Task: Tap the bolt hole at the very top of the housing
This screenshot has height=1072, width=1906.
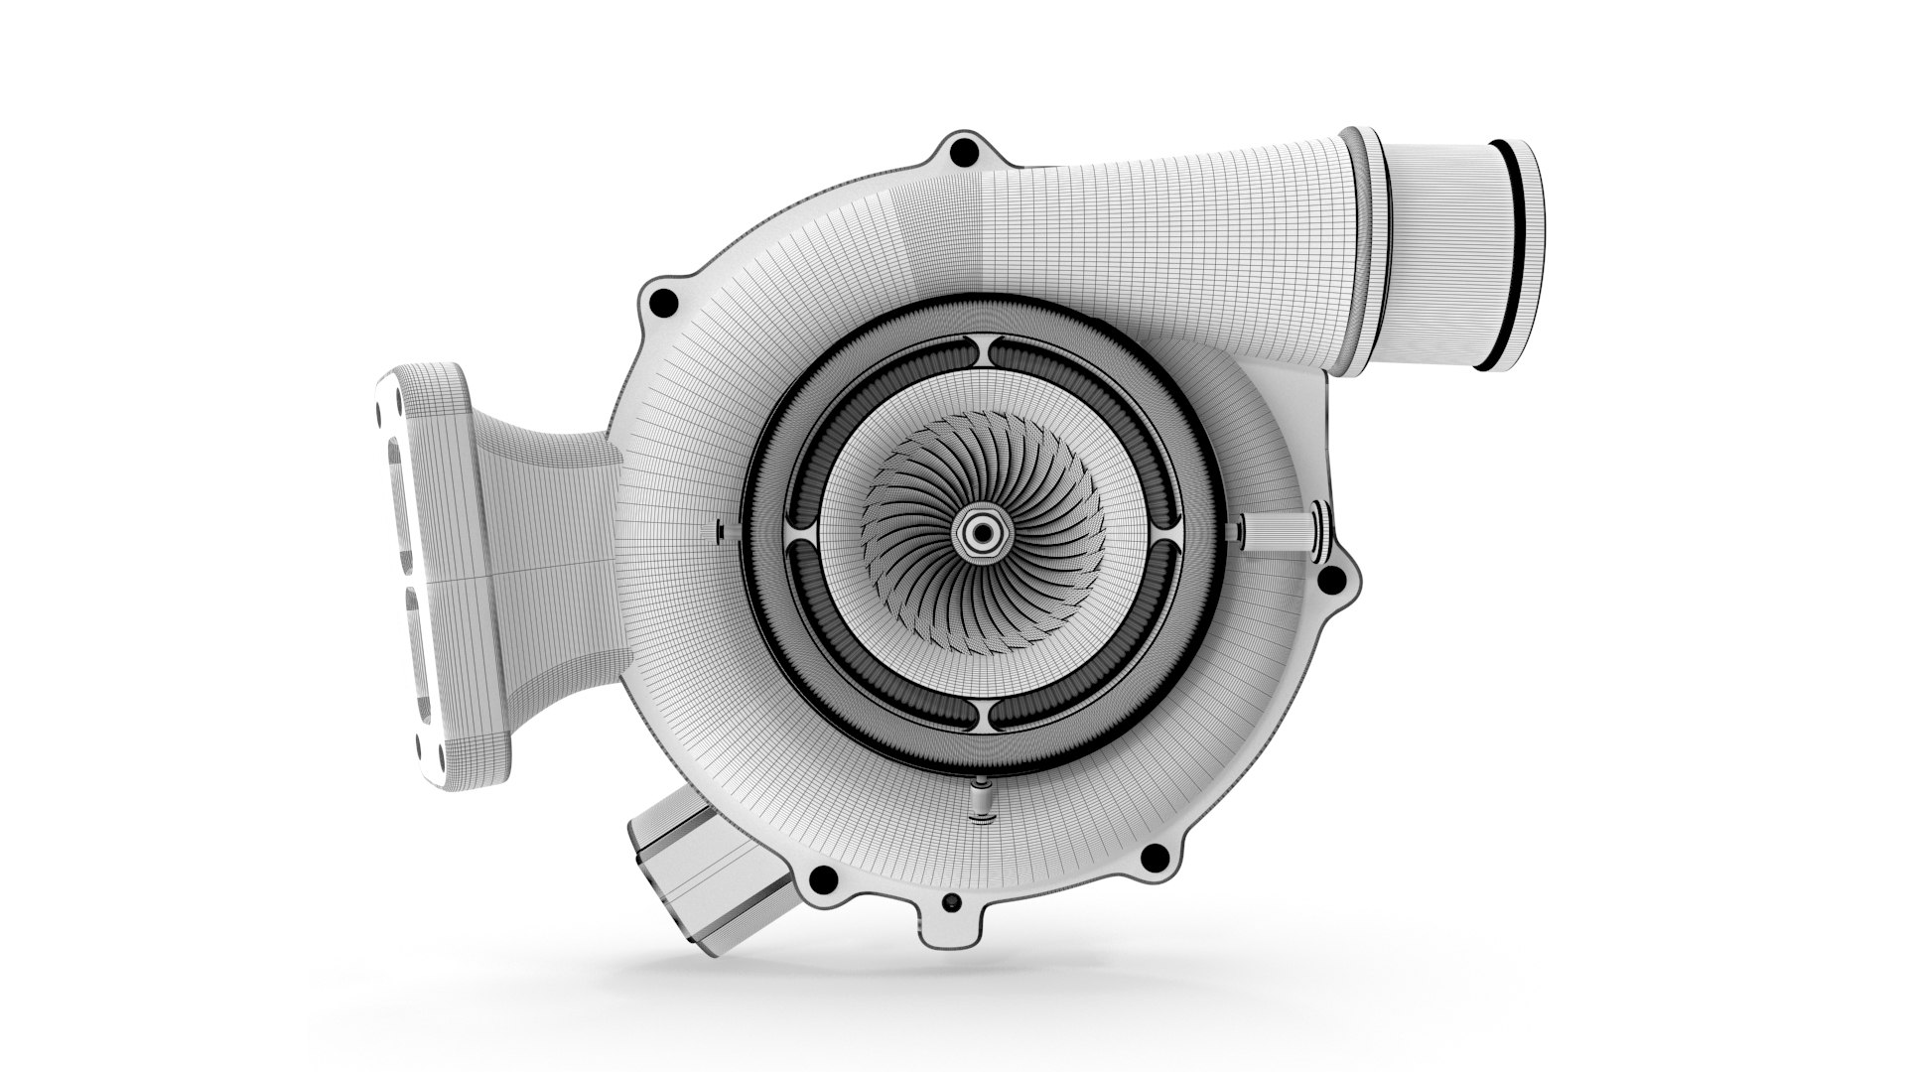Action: point(960,153)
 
